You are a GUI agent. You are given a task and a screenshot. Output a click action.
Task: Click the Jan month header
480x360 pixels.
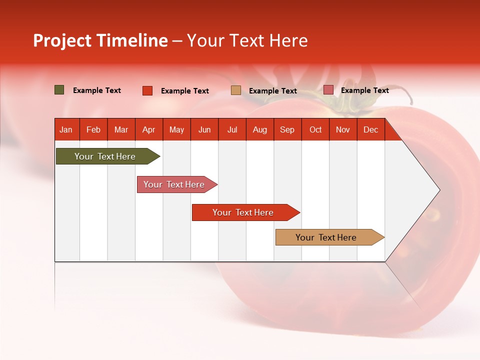(66, 129)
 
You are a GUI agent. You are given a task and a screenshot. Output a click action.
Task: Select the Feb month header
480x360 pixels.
(93, 129)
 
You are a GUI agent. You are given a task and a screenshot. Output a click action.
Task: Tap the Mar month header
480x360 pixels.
(121, 129)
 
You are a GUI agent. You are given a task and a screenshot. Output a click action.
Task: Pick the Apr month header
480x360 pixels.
(149, 129)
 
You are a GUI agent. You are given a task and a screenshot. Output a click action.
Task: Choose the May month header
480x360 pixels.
(176, 129)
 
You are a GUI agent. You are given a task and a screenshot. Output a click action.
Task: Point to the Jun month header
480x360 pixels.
(204, 129)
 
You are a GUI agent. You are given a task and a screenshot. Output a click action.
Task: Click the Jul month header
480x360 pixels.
(232, 129)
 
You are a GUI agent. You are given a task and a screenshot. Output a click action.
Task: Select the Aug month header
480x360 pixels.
(260, 129)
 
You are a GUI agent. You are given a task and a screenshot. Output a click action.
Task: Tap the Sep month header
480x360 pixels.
(287, 129)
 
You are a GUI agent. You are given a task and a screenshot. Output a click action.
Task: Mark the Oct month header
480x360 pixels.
(315, 129)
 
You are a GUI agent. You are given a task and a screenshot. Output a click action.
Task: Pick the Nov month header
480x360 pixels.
(343, 129)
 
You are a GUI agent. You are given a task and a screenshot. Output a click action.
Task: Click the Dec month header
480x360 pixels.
(371, 129)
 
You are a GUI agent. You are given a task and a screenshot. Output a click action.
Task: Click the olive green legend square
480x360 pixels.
(59, 90)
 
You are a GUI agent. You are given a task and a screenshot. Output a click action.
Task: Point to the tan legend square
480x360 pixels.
(236, 90)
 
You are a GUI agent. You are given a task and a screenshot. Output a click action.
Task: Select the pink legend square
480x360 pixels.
(328, 90)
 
